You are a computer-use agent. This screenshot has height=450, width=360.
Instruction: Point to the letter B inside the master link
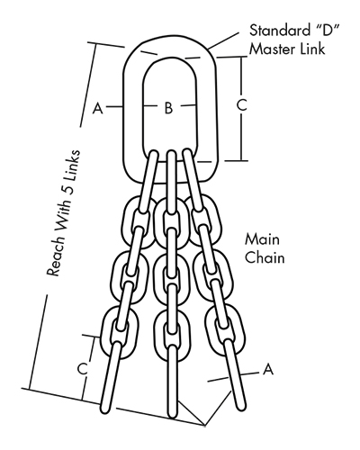click(x=168, y=107)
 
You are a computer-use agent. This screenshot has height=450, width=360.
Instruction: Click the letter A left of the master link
click(x=98, y=108)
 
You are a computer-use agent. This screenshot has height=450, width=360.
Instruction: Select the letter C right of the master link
click(x=241, y=105)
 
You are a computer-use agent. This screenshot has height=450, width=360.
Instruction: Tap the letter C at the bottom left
click(x=83, y=369)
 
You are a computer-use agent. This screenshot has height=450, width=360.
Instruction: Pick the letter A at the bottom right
click(x=268, y=369)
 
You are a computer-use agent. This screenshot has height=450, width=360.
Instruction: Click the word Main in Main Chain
click(x=262, y=239)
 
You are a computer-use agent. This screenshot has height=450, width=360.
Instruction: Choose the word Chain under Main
click(x=265, y=257)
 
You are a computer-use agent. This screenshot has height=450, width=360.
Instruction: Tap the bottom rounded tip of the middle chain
click(x=172, y=417)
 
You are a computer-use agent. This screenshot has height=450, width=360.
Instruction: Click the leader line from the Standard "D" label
click(x=224, y=40)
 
